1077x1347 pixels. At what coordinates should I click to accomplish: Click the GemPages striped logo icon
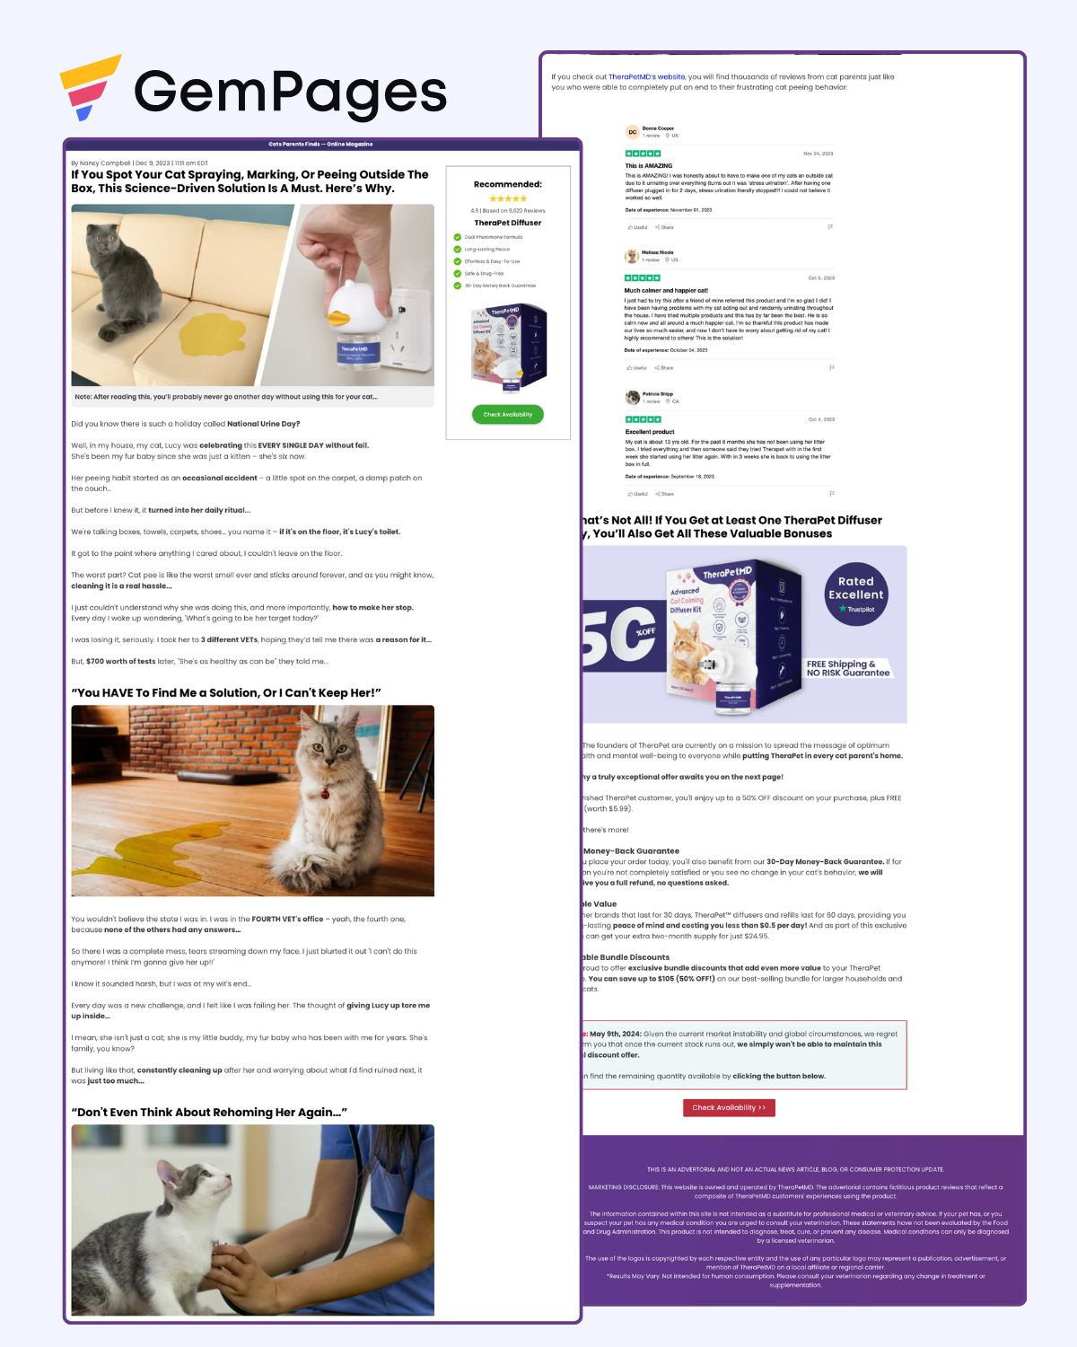coord(89,87)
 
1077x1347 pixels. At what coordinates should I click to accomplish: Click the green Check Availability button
coord(508,414)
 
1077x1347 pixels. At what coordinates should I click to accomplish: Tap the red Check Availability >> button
coord(729,1107)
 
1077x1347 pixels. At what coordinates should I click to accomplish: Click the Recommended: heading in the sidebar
coord(508,184)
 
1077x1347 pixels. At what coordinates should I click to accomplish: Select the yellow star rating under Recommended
coord(508,198)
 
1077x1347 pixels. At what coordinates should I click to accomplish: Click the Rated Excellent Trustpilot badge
coord(855,594)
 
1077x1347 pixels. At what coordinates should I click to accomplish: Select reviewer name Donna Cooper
coord(658,128)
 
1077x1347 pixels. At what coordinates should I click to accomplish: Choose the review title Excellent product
coord(650,432)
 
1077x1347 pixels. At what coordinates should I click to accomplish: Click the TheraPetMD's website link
coord(646,77)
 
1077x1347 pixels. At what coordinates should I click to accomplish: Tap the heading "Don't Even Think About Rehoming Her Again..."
coord(209,1112)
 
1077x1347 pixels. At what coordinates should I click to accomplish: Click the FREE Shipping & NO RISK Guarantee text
coord(847,668)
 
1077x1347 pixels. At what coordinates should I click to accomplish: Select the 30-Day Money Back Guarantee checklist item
coord(500,286)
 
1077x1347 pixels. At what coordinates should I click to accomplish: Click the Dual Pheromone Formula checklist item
coord(493,237)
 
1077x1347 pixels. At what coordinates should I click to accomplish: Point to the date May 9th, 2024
coord(616,1034)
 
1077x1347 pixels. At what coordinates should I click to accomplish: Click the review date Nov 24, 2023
coord(818,154)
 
